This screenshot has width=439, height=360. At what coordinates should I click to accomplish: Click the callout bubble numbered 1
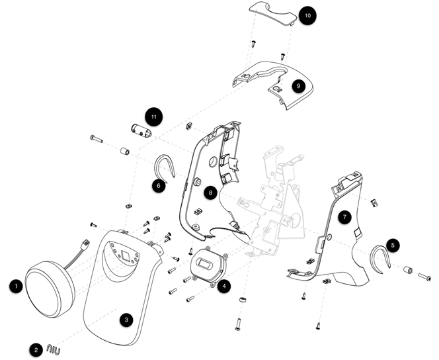[x=16, y=286]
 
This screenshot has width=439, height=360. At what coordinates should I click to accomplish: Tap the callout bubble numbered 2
[x=36, y=350]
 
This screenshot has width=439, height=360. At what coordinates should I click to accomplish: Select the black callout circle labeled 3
[x=126, y=320]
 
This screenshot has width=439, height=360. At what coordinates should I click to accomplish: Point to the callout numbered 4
[x=224, y=286]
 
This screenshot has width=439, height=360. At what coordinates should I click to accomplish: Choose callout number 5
[x=393, y=246]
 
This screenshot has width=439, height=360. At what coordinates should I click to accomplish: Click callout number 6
[x=159, y=186]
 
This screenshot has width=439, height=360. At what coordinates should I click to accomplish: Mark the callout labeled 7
[x=344, y=217]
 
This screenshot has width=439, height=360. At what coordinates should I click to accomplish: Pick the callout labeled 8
[x=210, y=193]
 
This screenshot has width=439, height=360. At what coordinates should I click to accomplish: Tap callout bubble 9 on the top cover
[x=298, y=86]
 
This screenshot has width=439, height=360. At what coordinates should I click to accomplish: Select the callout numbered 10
[x=307, y=15]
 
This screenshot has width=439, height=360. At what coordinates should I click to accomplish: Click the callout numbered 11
[x=154, y=116]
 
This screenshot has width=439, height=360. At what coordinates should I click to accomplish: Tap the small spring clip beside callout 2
[x=53, y=349]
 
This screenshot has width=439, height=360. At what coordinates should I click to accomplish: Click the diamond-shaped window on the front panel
[x=124, y=255]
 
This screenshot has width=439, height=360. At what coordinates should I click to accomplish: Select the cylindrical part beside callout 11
[x=141, y=131]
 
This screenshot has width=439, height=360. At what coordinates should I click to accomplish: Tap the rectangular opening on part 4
[x=205, y=264]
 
